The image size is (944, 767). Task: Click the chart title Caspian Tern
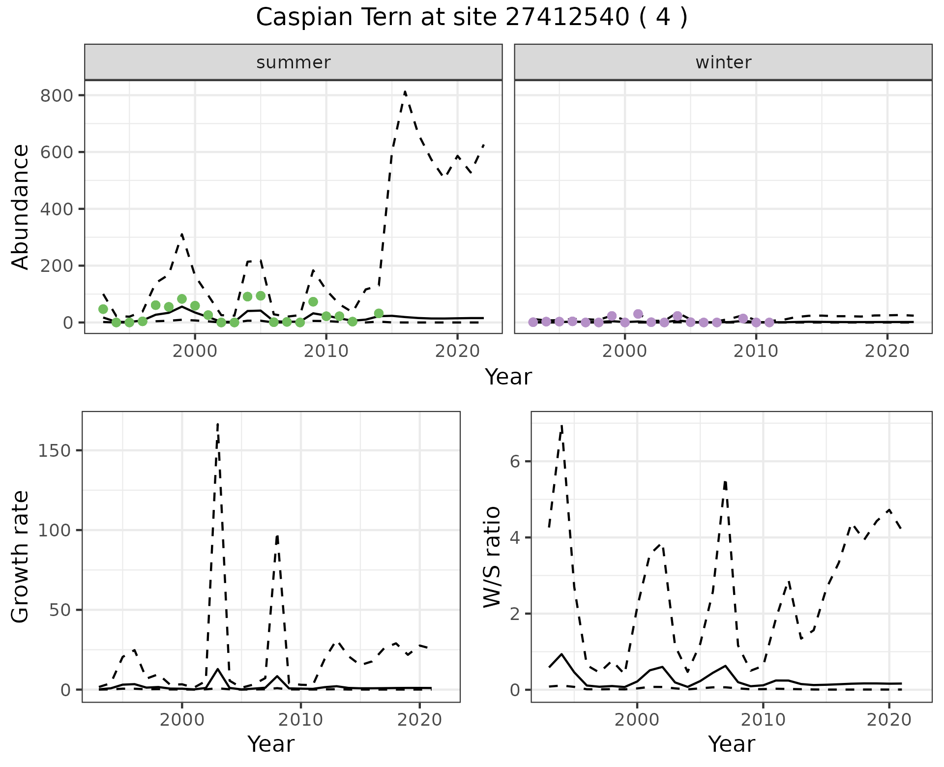point(472,18)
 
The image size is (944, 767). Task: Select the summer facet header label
point(294,62)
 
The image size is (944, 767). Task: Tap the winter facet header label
point(723,62)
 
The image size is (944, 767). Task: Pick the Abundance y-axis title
point(20,206)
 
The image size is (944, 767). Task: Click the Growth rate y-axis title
point(20,557)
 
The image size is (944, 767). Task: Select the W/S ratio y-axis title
point(492,557)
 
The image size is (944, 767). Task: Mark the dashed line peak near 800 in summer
point(405,91)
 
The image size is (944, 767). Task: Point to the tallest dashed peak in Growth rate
point(218,423)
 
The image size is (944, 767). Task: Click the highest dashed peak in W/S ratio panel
point(561,425)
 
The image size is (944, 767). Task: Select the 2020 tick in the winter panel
point(887,351)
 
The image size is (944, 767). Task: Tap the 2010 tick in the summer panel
point(326,351)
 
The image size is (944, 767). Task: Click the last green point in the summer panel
point(379,313)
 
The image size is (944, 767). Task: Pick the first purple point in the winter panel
point(533,322)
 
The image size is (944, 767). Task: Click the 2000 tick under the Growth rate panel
point(182,720)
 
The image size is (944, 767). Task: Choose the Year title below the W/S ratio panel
point(732,744)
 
